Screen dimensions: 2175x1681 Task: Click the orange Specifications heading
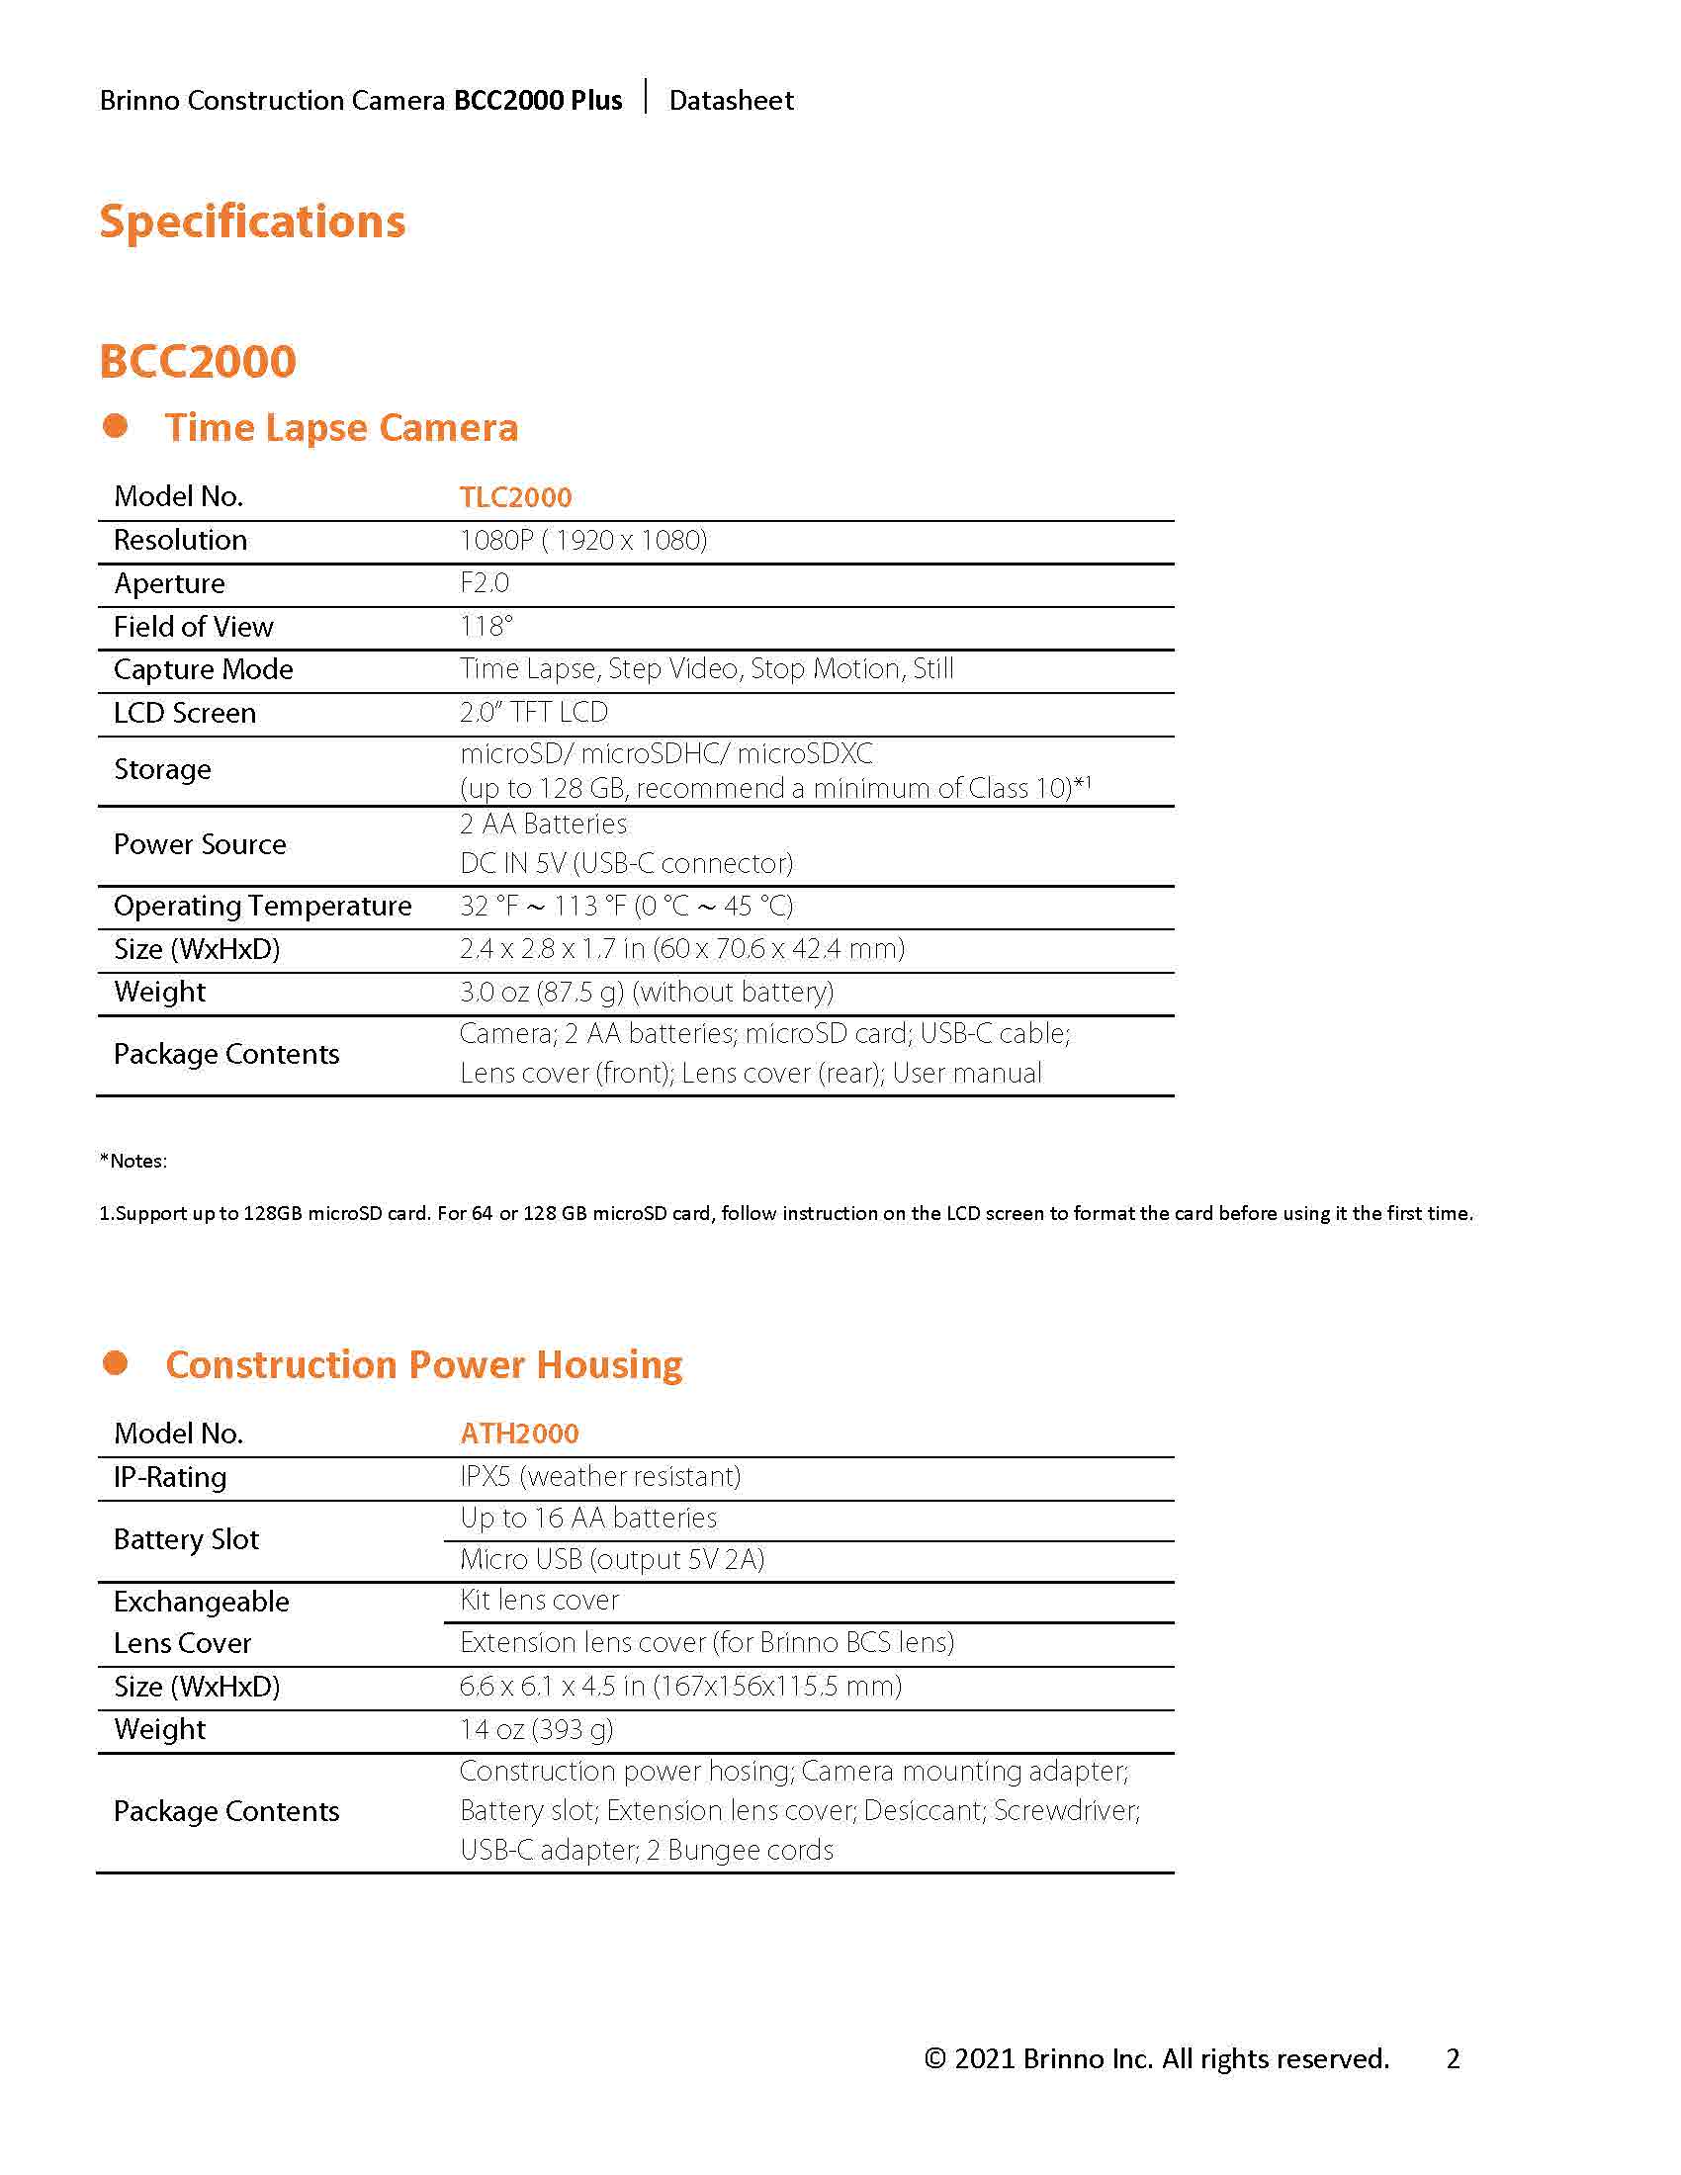tap(252, 221)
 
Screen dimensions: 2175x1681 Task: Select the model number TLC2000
tap(515, 497)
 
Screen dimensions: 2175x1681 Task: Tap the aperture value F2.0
tap(484, 582)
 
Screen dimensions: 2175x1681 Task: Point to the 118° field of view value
tap(486, 627)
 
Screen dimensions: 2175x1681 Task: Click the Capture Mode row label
tap(203, 669)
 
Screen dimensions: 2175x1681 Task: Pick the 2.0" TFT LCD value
tap(533, 712)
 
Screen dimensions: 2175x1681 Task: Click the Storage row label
tap(162, 769)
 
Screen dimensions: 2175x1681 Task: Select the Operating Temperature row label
tap(262, 906)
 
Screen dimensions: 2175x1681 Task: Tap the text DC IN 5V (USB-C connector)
tap(626, 863)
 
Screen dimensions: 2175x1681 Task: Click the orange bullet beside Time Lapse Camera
tap(116, 426)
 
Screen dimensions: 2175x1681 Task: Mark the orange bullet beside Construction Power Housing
tap(116, 1362)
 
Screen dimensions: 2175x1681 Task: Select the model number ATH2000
tap(519, 1434)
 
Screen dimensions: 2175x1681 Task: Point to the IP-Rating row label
tap(170, 1477)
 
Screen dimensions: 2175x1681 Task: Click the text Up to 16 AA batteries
tap(587, 1518)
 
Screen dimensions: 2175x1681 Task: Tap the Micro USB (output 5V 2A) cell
tap(611, 1559)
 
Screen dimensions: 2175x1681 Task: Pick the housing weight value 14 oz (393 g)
tap(536, 1729)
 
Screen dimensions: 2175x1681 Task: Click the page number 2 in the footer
tap(1453, 2058)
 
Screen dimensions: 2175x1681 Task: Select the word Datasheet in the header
tap(731, 101)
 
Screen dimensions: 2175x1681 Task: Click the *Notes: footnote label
tap(133, 1161)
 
